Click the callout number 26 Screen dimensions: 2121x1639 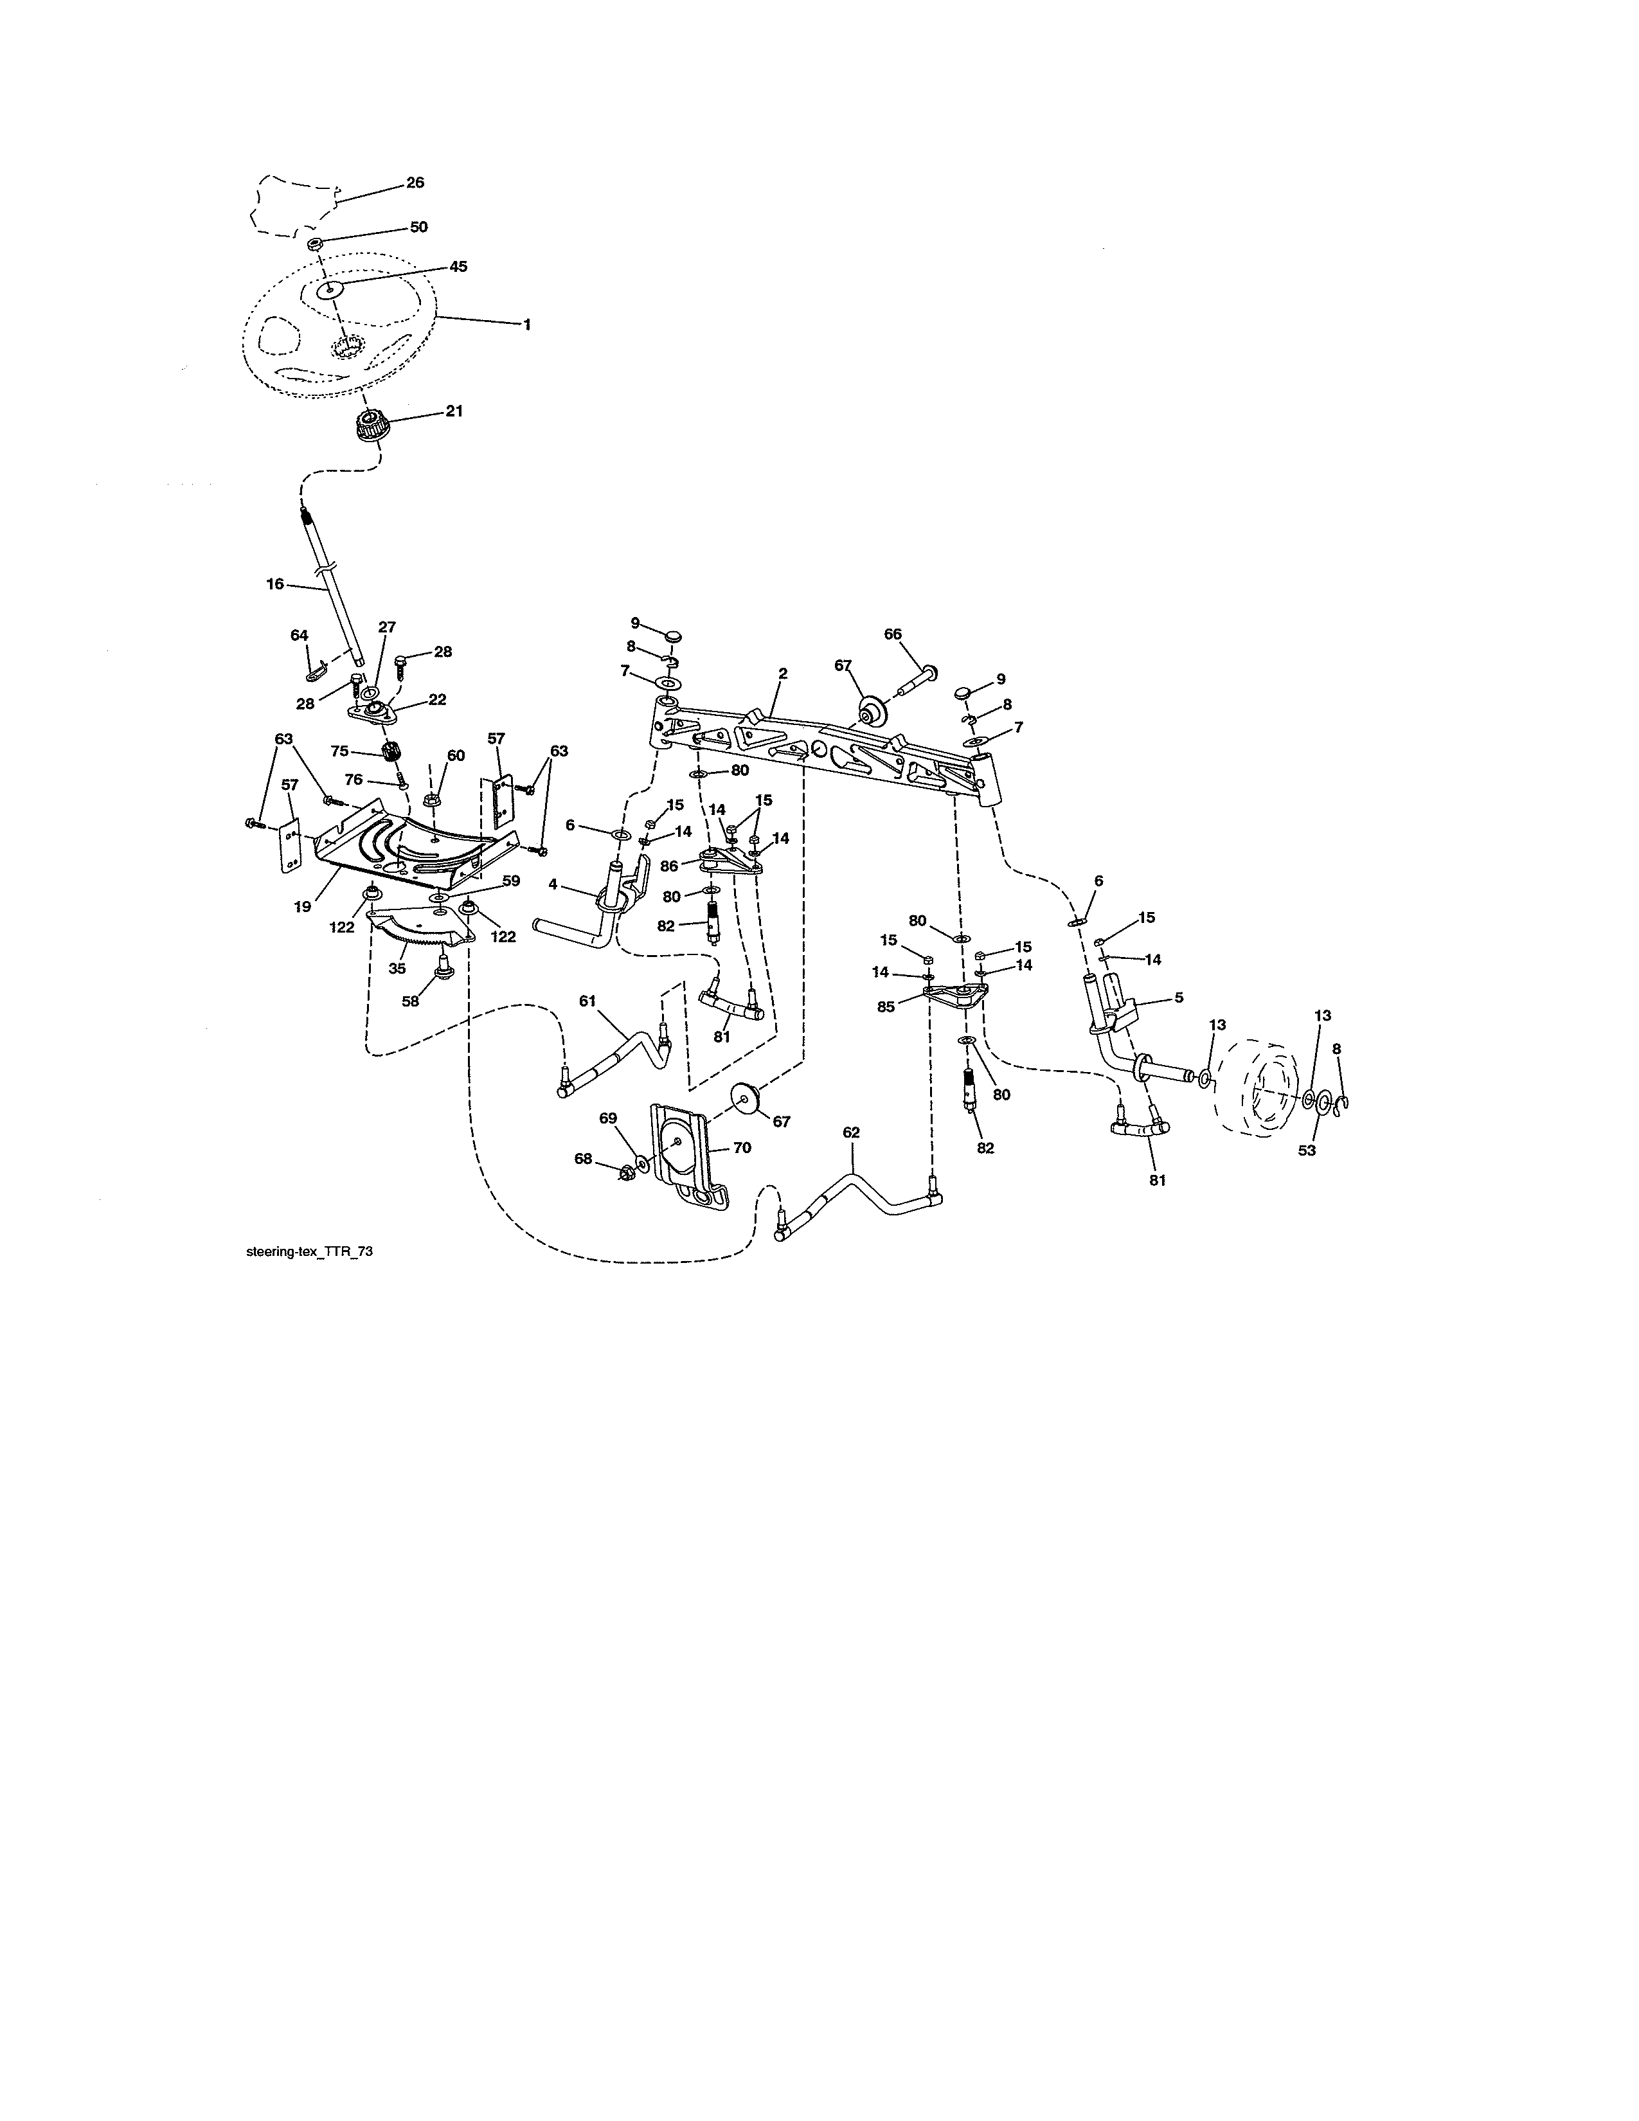(x=415, y=183)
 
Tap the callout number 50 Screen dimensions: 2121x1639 (x=418, y=228)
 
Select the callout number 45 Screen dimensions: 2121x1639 (x=458, y=266)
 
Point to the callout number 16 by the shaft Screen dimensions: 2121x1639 (x=275, y=584)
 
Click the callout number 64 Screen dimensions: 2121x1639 (x=299, y=635)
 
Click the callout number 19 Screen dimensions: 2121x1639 (x=303, y=906)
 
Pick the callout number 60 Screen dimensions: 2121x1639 (x=456, y=756)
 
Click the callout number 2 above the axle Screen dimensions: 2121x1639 (x=783, y=673)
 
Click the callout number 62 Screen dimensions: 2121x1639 (x=852, y=1132)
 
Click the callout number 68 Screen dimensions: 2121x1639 (x=582, y=1159)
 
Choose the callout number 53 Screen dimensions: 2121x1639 (x=1307, y=1151)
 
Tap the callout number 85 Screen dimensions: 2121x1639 (x=886, y=1007)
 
